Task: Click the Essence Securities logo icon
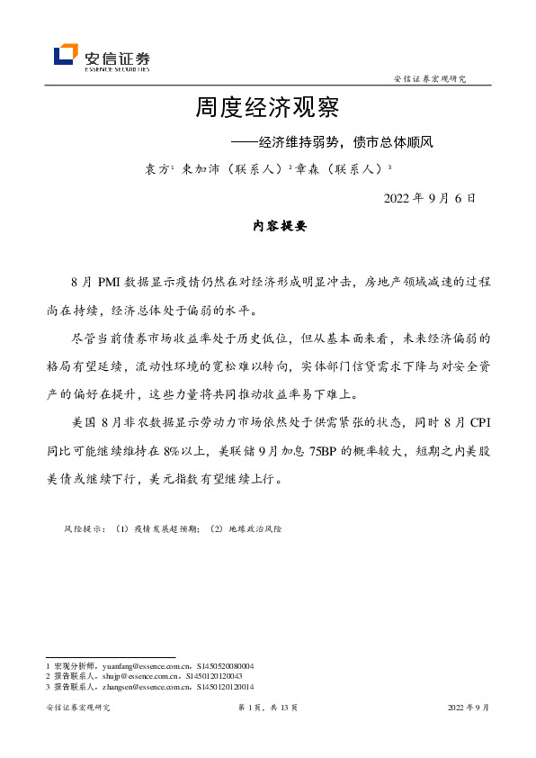pyautogui.click(x=66, y=56)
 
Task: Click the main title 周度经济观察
pyautogui.click(x=267, y=109)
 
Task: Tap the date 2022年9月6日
pyautogui.click(x=429, y=197)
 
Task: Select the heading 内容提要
pyautogui.click(x=268, y=228)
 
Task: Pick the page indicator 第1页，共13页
pyautogui.click(x=267, y=708)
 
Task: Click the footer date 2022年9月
pyautogui.click(x=469, y=708)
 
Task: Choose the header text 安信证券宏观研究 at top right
pyautogui.click(x=431, y=79)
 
